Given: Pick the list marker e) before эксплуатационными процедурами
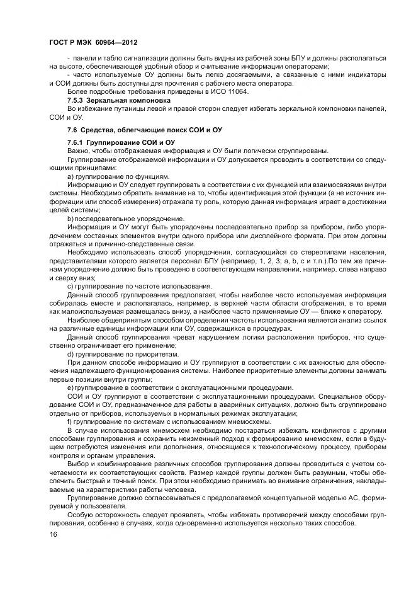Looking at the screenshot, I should click(x=70, y=387).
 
